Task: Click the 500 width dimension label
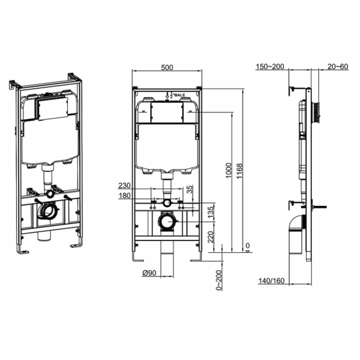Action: pos(167,68)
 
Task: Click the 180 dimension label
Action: pos(124,195)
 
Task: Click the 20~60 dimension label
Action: pos(337,66)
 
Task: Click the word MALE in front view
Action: pos(179,96)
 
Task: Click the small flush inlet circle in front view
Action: pos(167,203)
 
